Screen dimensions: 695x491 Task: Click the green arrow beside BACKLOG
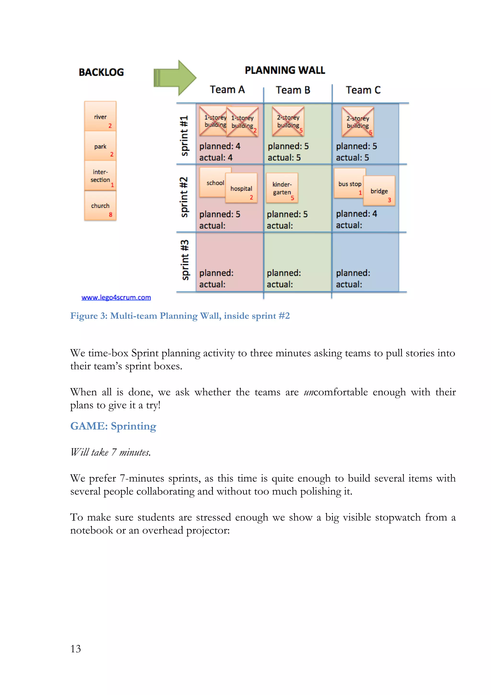click(x=175, y=78)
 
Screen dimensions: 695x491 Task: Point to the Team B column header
click(x=293, y=90)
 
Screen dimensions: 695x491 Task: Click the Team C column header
click(x=363, y=90)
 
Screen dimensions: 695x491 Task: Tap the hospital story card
click(x=241, y=188)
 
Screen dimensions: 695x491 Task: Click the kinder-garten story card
click(x=282, y=188)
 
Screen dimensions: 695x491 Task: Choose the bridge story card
click(x=379, y=191)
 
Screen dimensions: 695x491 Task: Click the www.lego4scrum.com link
click(x=116, y=298)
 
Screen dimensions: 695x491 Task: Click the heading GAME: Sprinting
click(x=113, y=426)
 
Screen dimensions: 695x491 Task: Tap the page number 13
click(x=76, y=649)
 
